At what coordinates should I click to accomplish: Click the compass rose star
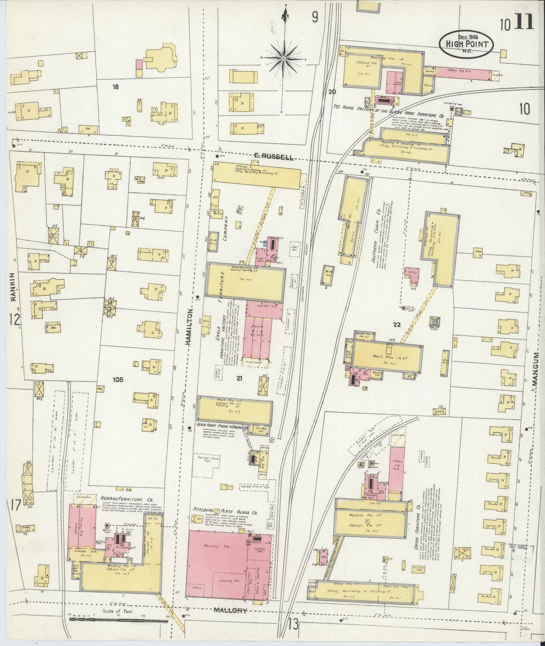pyautogui.click(x=283, y=59)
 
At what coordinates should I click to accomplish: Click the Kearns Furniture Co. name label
pyautogui.click(x=126, y=498)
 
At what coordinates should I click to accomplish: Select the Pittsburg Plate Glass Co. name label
pyautogui.click(x=225, y=512)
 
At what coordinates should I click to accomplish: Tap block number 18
pyautogui.click(x=115, y=87)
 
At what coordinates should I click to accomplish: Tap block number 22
pyautogui.click(x=396, y=325)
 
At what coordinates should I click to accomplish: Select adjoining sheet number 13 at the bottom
pyautogui.click(x=293, y=624)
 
